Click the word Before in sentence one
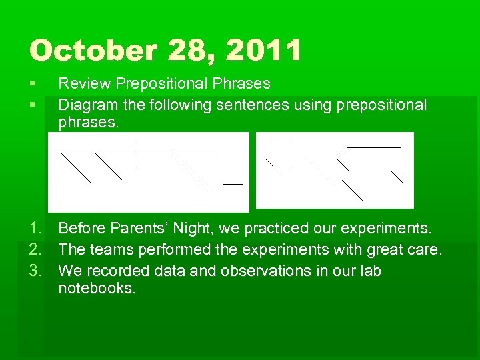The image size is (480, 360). click(x=81, y=229)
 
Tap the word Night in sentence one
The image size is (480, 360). click(x=193, y=229)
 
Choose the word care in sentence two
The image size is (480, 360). click(x=424, y=250)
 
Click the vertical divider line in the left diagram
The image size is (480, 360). click(x=137, y=153)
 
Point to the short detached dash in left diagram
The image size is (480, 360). click(x=233, y=183)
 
